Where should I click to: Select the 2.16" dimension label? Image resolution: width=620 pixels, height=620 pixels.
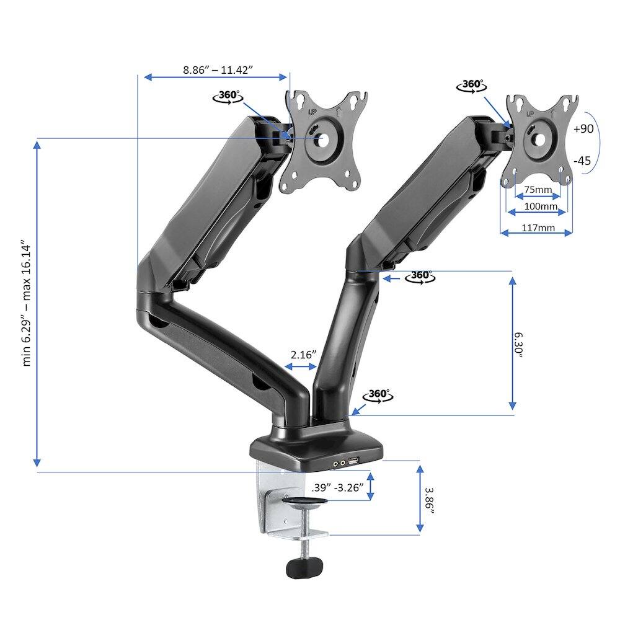click(303, 355)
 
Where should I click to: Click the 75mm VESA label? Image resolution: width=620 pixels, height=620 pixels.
click(537, 190)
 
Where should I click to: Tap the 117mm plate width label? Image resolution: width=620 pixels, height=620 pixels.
click(537, 228)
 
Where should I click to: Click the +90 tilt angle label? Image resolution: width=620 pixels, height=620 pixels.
click(583, 130)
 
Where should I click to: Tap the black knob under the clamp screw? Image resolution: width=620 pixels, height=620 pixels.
click(304, 567)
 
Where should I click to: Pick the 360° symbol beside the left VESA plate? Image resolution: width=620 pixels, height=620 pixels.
click(227, 97)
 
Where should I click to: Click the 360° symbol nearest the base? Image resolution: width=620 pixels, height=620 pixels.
click(379, 395)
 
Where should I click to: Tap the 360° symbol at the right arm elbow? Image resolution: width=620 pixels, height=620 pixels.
click(420, 277)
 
